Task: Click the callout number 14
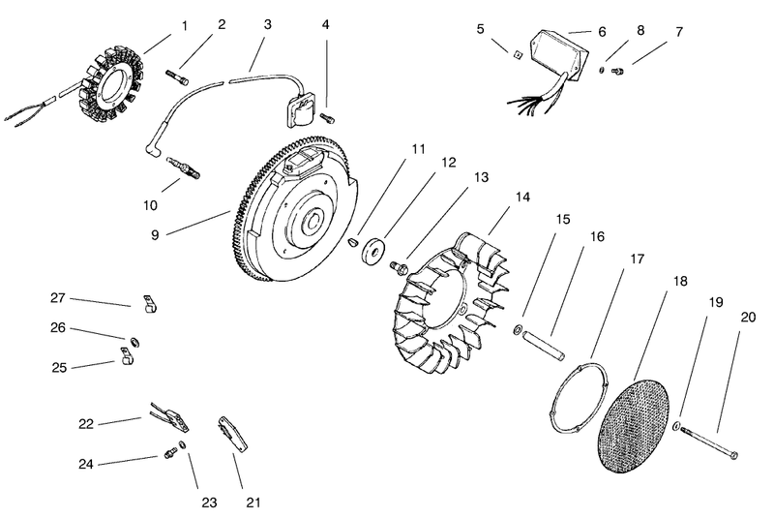click(x=522, y=197)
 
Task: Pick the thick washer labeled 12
click(x=373, y=252)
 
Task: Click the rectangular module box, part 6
click(x=559, y=54)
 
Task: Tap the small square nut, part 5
click(x=517, y=55)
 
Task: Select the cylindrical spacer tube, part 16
click(x=544, y=342)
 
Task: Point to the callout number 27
click(x=58, y=298)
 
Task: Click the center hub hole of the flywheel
click(x=313, y=222)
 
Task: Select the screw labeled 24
click(x=171, y=452)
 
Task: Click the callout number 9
click(x=155, y=235)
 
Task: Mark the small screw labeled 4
click(x=328, y=118)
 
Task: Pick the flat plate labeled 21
click(x=232, y=434)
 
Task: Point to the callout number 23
click(x=209, y=503)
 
